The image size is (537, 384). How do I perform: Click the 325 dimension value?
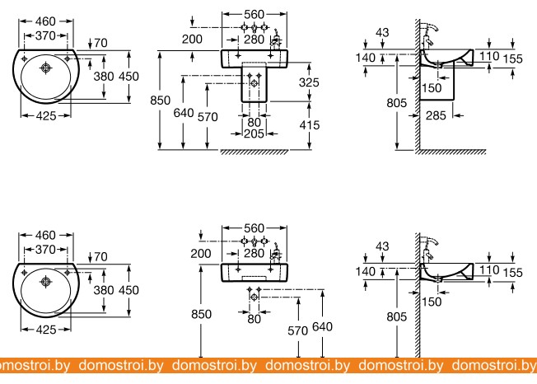point(309,82)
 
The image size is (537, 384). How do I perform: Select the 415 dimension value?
point(309,124)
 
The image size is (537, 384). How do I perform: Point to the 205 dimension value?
point(254,133)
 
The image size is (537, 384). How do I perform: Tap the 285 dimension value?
point(437,116)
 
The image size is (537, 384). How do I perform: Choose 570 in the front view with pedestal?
point(208,116)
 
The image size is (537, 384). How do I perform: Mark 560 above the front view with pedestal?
point(254,14)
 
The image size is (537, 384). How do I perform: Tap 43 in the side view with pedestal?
point(382,32)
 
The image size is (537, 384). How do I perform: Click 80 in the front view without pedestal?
point(254,318)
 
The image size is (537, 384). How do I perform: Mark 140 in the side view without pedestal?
point(366,270)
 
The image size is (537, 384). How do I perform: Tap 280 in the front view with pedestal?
point(254,38)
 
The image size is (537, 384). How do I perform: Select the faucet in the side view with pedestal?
point(429,35)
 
